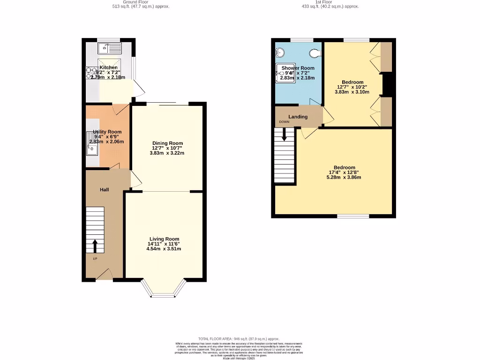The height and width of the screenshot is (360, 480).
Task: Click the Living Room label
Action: point(164,239)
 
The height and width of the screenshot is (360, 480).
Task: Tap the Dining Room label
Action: point(167,143)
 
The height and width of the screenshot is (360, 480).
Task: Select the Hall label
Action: point(104,189)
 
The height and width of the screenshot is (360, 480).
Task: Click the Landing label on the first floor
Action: point(298,117)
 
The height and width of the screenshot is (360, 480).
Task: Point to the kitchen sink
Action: point(109,48)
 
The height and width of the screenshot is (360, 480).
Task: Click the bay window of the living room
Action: point(164,294)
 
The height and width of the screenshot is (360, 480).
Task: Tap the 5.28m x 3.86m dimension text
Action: point(344,177)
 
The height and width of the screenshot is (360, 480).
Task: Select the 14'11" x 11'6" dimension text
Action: point(164,244)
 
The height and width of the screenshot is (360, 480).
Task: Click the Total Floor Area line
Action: point(239,338)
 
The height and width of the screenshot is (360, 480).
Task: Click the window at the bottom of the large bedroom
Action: point(352,217)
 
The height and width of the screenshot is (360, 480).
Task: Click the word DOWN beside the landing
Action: point(284,122)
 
